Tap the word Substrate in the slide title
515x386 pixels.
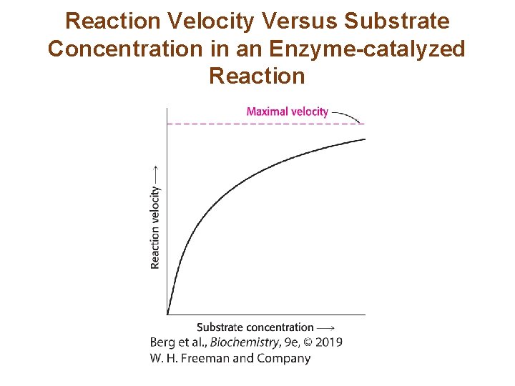[397, 21]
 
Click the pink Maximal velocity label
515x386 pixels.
[287, 112]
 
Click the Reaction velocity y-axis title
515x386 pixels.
[155, 227]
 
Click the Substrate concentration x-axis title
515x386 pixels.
[255, 327]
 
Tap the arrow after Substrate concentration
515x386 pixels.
[325, 327]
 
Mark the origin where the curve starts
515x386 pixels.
[167, 314]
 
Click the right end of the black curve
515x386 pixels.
[364, 139]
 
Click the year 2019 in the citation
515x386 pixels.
[328, 342]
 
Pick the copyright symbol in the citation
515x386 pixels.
[307, 342]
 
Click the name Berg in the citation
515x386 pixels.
[163, 342]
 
